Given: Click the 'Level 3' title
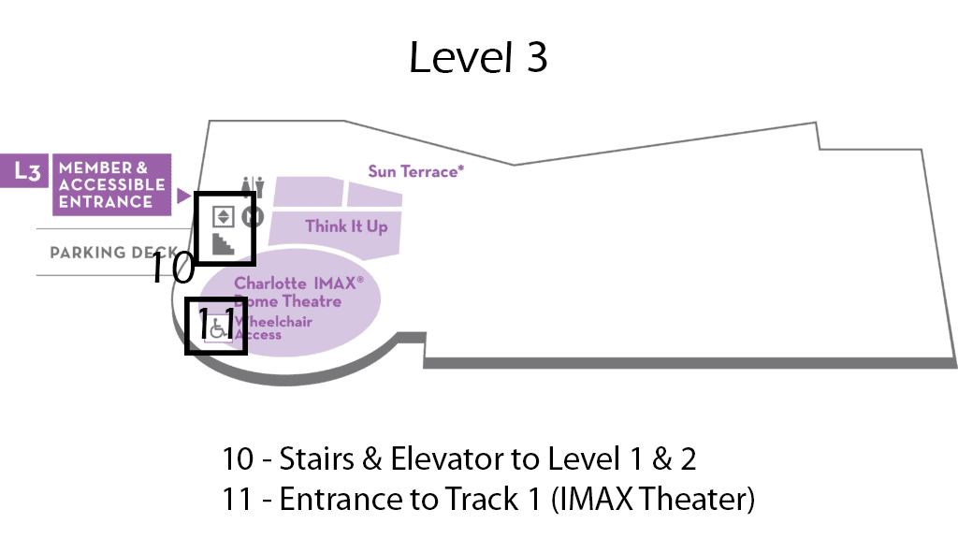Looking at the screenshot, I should pos(478,58).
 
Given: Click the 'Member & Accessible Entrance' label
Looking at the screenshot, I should pos(111,184).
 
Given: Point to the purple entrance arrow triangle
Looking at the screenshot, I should pos(184,196).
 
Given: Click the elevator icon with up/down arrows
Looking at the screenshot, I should pos(223,216).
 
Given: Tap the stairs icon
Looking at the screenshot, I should pos(224,245).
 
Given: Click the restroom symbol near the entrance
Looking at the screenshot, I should pos(248,186).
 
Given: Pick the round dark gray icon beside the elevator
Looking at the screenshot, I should pos(252,217).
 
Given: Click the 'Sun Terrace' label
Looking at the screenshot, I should pos(415,171).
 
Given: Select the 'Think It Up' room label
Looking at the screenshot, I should pos(346,226).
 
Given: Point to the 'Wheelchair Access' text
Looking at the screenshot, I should pos(273,328).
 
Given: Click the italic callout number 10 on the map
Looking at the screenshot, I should pos(173,269).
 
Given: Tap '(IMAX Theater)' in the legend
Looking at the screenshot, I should pos(653,499).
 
